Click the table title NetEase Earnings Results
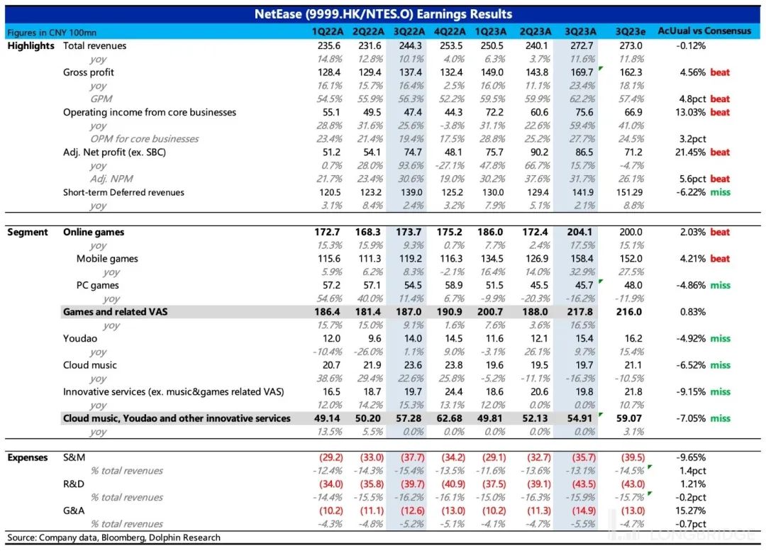(383, 14)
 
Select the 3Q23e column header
(630, 31)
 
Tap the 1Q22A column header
(326, 31)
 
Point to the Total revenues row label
(95, 45)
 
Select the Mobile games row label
(107, 259)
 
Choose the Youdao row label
(80, 339)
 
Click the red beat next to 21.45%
(720, 152)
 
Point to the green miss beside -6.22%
(720, 192)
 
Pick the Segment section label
(28, 232)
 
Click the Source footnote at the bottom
(113, 538)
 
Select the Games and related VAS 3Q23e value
(630, 312)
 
